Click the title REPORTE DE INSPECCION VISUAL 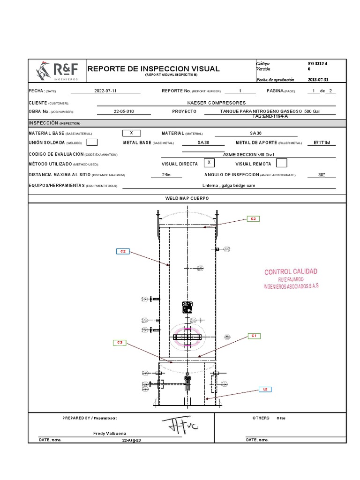154,69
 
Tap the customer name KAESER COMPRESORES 216,103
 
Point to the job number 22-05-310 124,112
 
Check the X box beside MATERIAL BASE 131,133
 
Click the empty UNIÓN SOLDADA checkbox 92,142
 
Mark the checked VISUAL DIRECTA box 210,163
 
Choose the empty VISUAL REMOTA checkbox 281,163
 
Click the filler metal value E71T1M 325,142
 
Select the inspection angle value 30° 322,174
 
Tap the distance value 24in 166,174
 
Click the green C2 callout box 253,219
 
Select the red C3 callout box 120,343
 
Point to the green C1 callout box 253,336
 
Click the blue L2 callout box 265,389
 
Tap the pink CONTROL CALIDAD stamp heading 291,272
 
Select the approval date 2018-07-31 321,80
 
